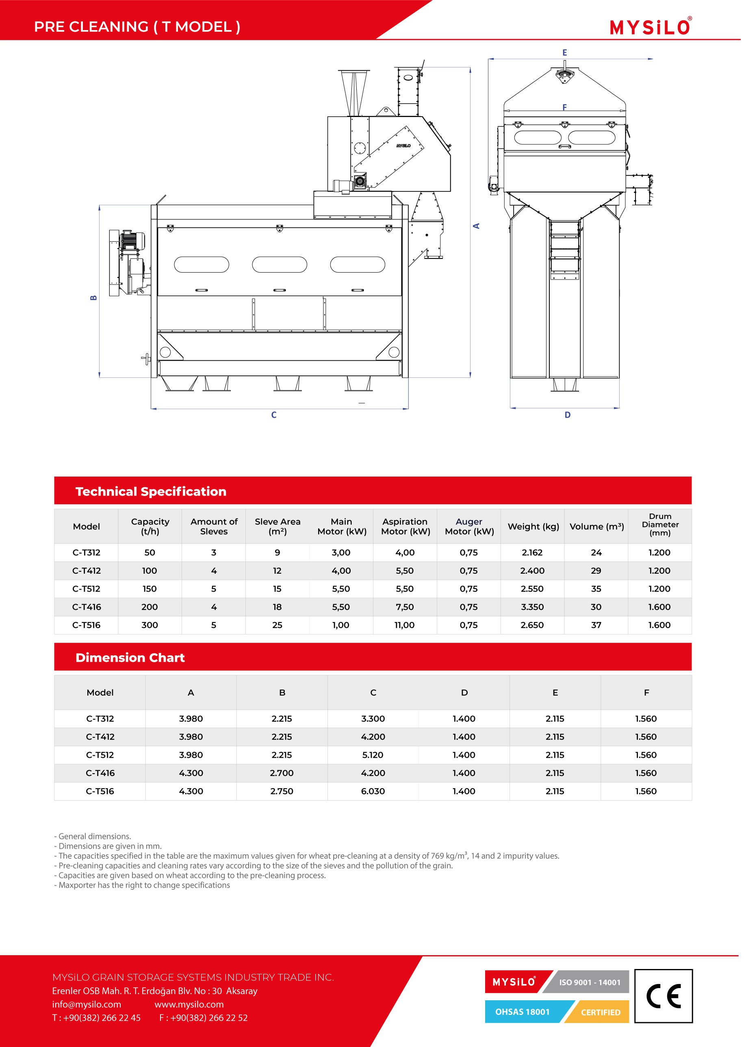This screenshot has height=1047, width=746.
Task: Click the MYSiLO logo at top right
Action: pos(650,27)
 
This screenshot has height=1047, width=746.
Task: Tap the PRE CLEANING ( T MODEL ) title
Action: pos(137,27)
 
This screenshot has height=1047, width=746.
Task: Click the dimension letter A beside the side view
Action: pos(476,226)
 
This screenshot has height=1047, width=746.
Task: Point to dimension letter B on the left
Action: pos(94,297)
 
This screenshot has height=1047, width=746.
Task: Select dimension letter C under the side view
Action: pos(274,415)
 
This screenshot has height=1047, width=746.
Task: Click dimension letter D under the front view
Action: pos(567,415)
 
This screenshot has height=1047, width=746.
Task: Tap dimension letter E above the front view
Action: pos(564,52)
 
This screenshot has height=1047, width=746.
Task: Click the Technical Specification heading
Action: pos(151,491)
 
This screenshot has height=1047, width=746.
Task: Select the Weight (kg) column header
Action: pos(533,526)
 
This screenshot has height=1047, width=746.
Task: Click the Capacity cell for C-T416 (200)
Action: pos(150,607)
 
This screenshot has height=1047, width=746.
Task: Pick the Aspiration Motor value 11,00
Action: pos(405,625)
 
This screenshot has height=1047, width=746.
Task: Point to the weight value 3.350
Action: pos(532,607)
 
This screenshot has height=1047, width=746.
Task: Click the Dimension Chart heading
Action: pos(130,658)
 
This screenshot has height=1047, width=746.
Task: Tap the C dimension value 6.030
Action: pos(373,791)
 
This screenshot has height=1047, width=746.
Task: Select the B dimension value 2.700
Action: pos(282,773)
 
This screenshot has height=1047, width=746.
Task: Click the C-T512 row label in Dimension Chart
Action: pos(100,755)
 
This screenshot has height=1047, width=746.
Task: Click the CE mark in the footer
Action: pos(664,995)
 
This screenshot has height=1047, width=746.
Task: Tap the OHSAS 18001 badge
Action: pos(522,1012)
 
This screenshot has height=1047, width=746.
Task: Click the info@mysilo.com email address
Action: pos(87,1004)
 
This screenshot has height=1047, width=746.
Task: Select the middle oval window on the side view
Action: pos(279,264)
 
